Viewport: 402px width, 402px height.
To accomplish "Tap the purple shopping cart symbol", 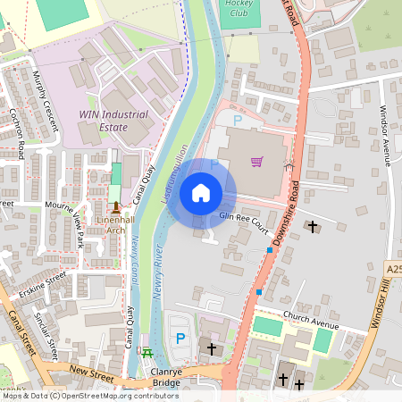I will (257, 162).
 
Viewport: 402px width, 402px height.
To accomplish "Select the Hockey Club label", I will (238, 8).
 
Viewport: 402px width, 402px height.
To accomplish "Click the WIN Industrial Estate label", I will (115, 121).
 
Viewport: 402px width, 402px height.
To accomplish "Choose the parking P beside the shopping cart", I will (237, 119).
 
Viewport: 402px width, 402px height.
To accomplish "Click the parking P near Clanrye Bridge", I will (180, 339).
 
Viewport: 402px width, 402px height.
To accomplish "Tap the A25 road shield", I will (395, 269).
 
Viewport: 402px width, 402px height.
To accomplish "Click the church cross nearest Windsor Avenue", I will (313, 227).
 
